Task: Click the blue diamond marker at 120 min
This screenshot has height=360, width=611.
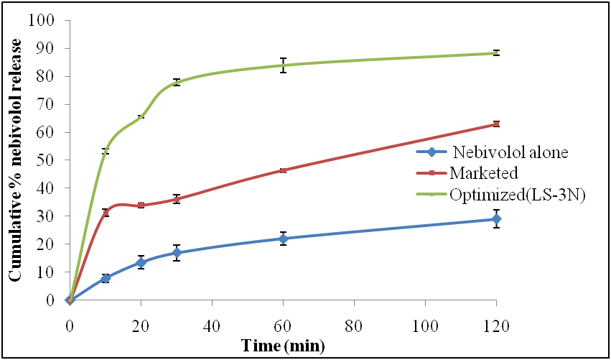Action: coord(495,218)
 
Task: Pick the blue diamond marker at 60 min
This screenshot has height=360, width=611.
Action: coord(283,239)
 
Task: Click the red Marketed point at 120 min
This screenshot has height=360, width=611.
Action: coord(495,124)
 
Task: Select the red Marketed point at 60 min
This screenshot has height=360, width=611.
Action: coord(283,170)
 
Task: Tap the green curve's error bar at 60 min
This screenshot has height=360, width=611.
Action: coord(283,65)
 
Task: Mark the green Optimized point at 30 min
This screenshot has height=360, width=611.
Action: coord(177,82)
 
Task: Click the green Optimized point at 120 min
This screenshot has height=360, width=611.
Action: coord(495,52)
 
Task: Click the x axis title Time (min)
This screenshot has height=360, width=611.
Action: coord(283,346)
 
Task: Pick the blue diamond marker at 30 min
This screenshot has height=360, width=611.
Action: coord(177,253)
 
